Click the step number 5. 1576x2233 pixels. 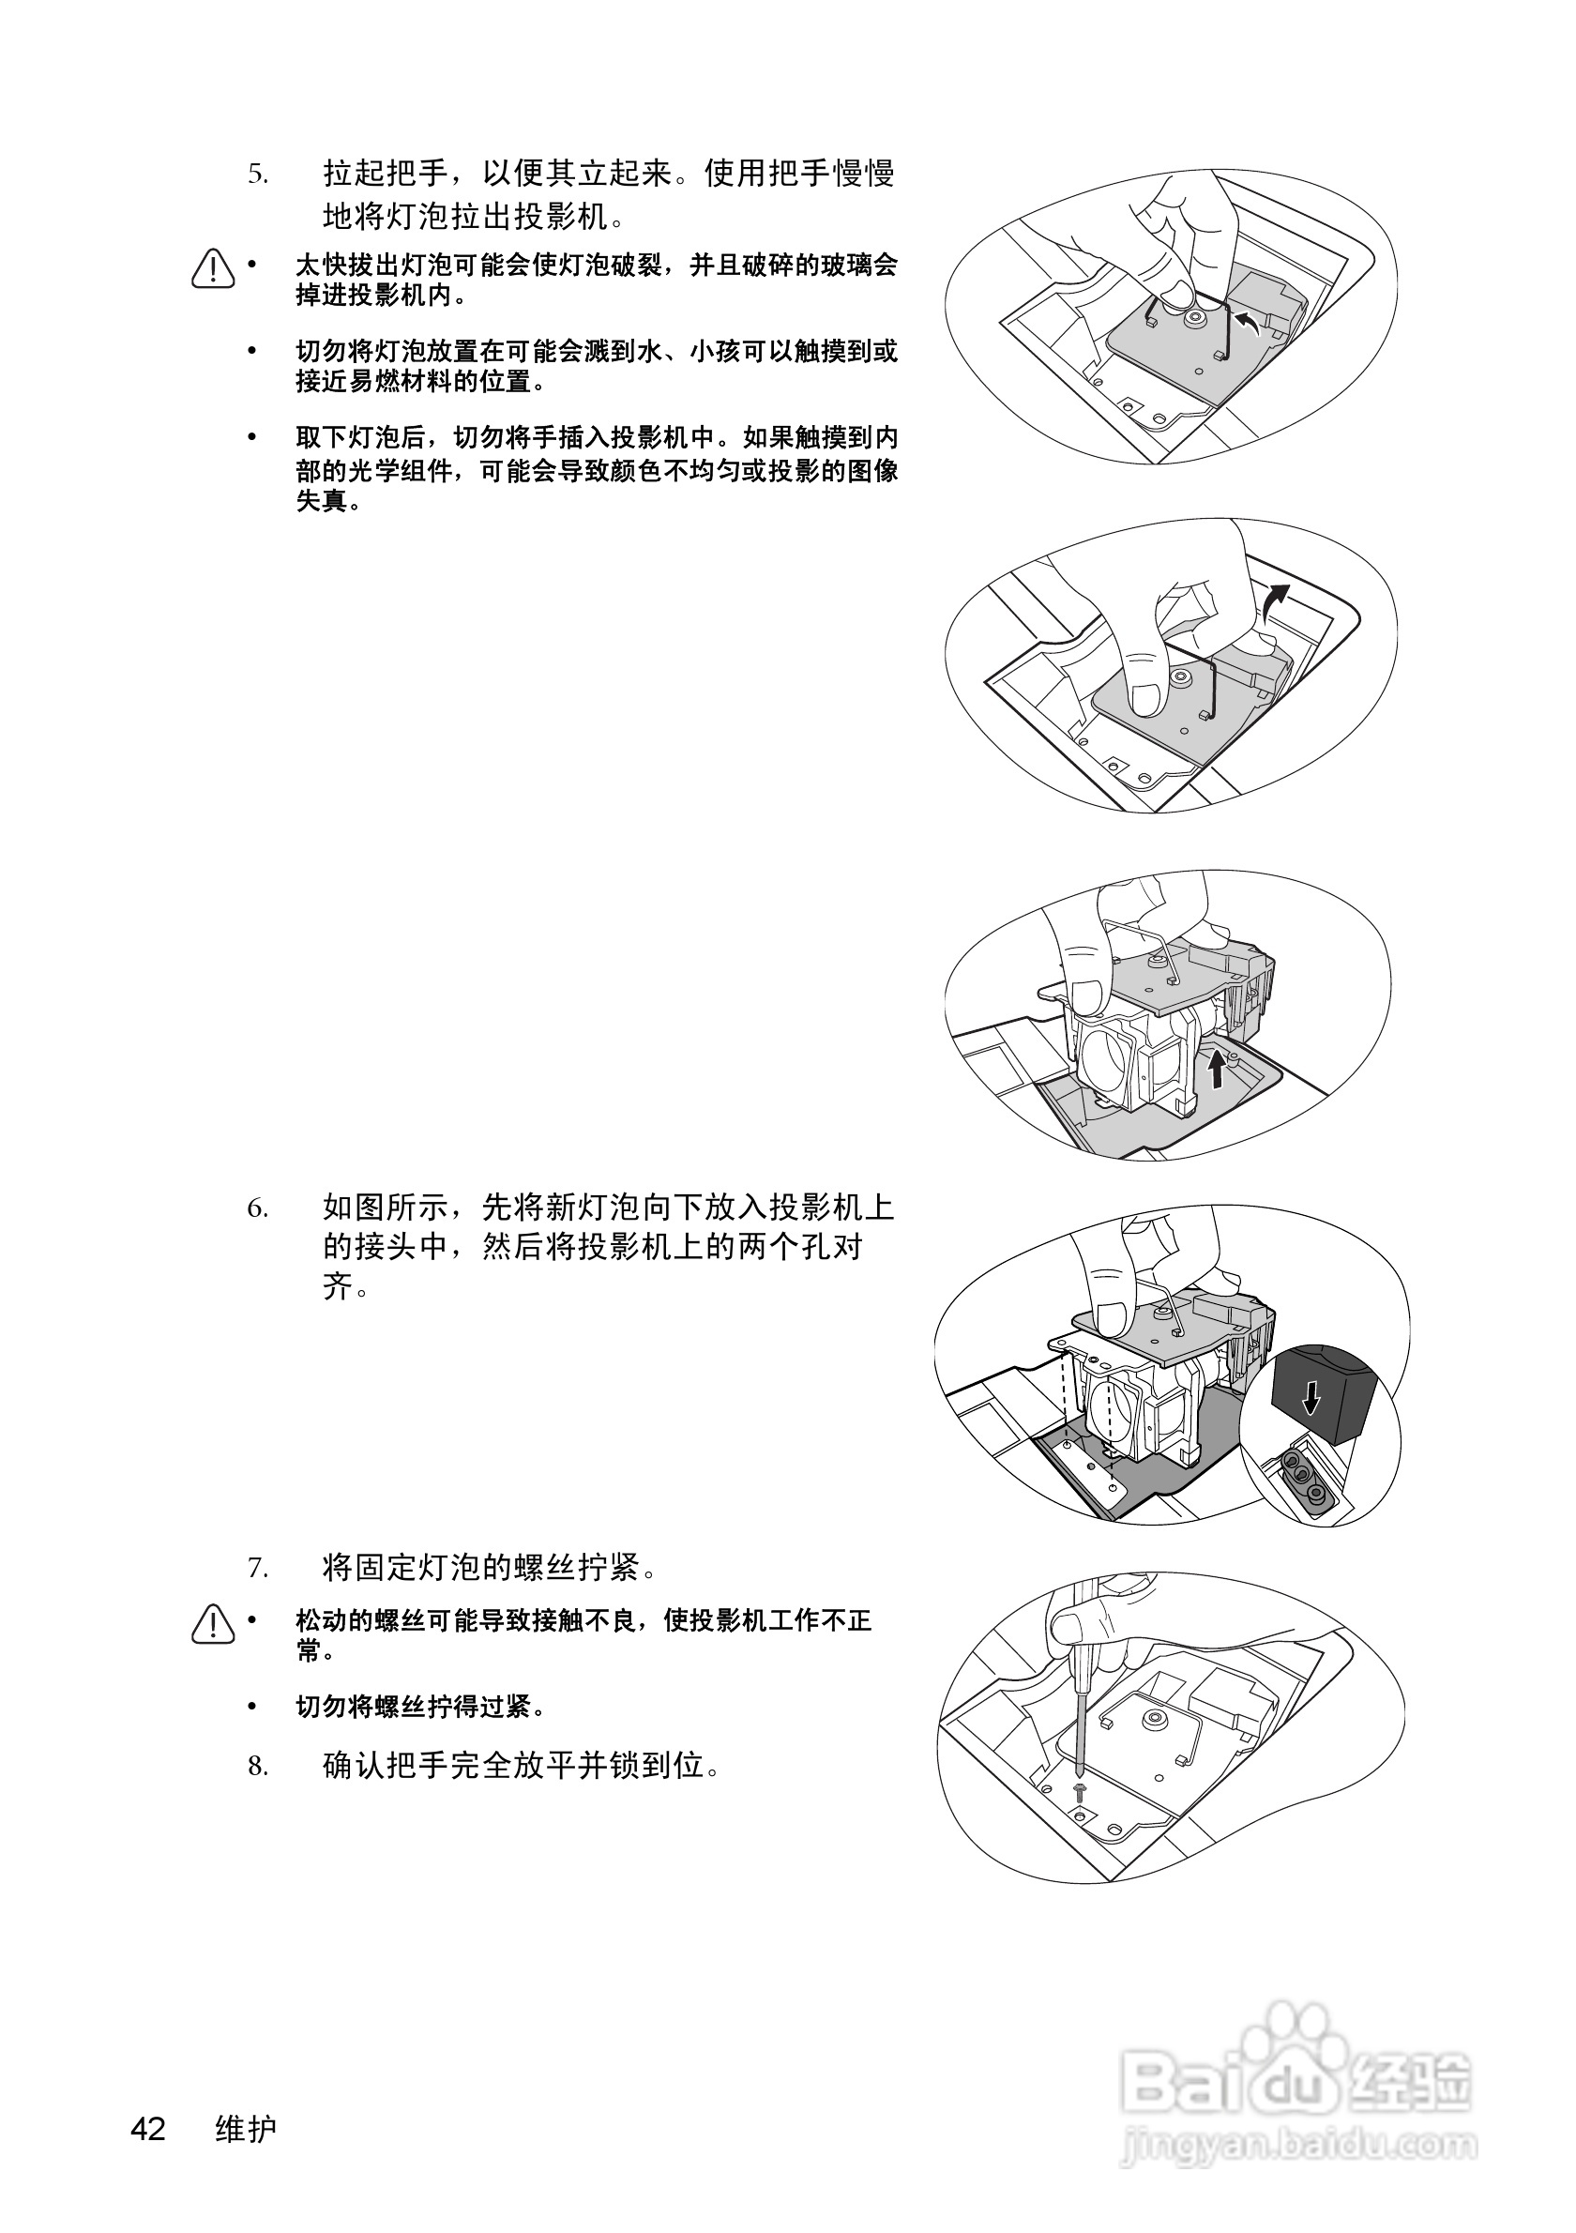pyautogui.click(x=257, y=175)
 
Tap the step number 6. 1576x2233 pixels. pyautogui.click(x=257, y=1208)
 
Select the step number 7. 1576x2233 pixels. pyautogui.click(x=257, y=1568)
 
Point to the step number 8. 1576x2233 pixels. pyautogui.click(x=257, y=1765)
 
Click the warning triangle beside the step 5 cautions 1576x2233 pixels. pyautogui.click(x=213, y=269)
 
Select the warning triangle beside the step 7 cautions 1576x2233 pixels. pyautogui.click(x=213, y=1623)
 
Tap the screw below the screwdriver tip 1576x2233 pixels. pyautogui.click(x=1079, y=1789)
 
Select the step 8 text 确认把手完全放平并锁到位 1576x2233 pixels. pyautogui.click(x=522, y=1765)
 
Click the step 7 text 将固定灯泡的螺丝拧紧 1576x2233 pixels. pyautogui.click(x=490, y=1568)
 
